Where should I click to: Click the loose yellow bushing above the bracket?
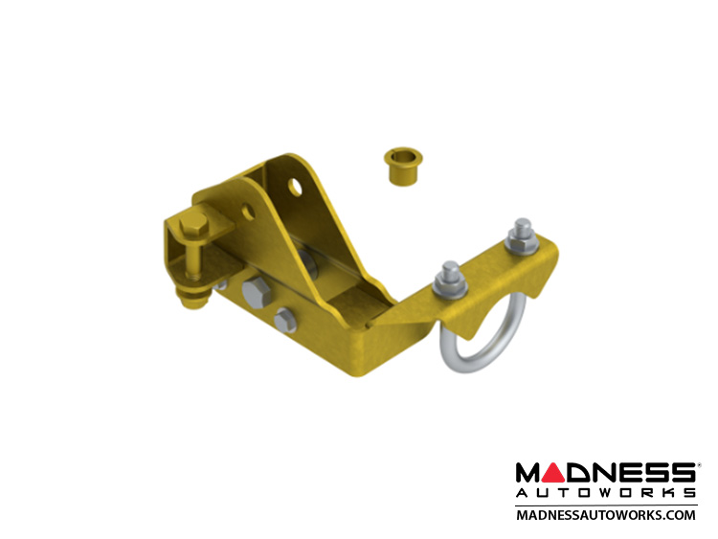coord(402,167)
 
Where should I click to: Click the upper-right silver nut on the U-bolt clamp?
coord(522,242)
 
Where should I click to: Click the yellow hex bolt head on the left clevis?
coord(193,225)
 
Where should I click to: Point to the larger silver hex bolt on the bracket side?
coord(256,292)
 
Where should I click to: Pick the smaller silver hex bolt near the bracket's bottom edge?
coord(285,319)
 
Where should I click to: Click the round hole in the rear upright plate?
coord(296,187)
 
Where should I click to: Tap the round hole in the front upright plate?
coord(248,211)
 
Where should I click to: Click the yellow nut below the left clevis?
coord(193,299)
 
